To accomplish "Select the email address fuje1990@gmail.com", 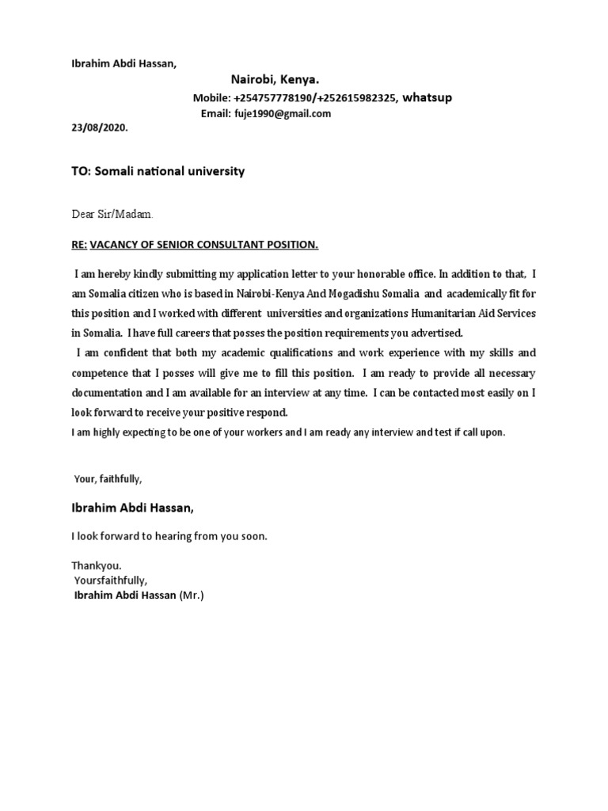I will (x=282, y=113).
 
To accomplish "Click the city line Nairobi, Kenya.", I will (x=275, y=80).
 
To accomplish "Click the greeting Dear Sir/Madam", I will (x=112, y=214).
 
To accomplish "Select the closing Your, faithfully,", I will (x=108, y=478).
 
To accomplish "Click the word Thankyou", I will (x=97, y=566).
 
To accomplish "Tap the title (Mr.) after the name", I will (x=192, y=595).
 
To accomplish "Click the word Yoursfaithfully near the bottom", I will (x=111, y=581).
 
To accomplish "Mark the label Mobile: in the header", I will (x=212, y=98).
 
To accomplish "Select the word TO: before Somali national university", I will (x=82, y=171).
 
